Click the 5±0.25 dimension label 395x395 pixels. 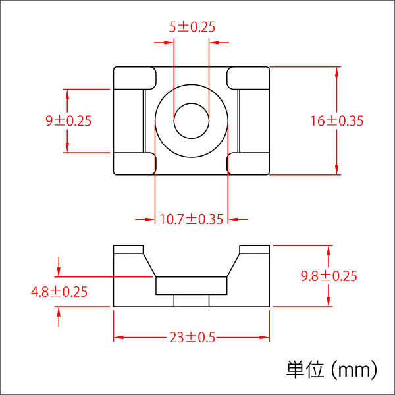(x=192, y=27)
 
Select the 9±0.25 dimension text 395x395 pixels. (x=68, y=121)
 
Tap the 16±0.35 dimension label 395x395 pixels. (x=337, y=121)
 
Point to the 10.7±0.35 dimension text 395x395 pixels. (x=192, y=219)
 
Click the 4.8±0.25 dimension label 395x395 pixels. (x=59, y=292)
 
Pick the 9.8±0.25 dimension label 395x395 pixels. (x=329, y=276)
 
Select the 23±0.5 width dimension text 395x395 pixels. (x=192, y=338)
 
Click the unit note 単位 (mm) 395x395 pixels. (x=332, y=369)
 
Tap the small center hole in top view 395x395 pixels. (x=192, y=120)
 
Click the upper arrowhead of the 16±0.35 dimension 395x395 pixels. (x=338, y=72)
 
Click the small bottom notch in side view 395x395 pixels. (x=192, y=301)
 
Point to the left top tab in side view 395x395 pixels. (x=128, y=250)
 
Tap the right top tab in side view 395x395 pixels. (x=255, y=250)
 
